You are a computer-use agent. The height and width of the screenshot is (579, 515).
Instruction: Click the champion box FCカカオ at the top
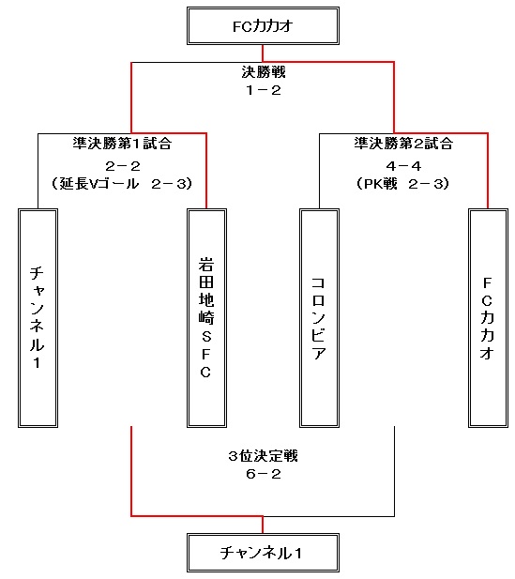263,26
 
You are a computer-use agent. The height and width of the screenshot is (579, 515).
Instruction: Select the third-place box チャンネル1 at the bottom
263,553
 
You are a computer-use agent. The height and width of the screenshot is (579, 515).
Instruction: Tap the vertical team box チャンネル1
38,318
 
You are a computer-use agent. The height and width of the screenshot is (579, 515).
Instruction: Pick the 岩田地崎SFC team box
206,318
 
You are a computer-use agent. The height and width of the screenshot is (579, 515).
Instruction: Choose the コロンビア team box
319,318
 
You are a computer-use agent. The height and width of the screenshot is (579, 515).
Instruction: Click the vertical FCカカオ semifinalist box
488,318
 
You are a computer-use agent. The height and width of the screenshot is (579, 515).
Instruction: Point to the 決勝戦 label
264,72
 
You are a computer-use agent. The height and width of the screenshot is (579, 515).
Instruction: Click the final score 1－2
264,90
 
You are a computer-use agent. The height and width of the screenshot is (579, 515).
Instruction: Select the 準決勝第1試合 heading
122,144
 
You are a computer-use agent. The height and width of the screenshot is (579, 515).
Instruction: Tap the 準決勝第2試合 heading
403,144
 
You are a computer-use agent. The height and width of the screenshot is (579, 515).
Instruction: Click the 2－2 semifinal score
123,166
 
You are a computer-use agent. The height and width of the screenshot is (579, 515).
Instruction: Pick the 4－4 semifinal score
403,166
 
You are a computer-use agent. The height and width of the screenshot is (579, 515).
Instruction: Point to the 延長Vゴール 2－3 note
122,184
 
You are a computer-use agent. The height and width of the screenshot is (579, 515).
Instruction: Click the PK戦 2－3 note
402,184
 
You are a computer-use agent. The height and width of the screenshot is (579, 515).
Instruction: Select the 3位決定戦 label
263,456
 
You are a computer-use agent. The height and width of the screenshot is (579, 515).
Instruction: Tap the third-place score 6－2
264,474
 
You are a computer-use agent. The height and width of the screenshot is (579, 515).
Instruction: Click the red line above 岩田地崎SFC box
206,171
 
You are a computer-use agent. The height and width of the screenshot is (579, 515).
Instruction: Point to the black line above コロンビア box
319,171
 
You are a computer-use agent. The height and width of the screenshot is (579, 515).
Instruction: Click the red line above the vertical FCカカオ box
488,171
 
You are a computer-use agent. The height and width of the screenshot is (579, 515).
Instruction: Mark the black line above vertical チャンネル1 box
38,171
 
